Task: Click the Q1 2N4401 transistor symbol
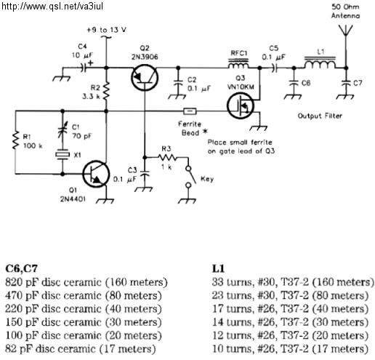[96, 174]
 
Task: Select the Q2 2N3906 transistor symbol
[145, 78]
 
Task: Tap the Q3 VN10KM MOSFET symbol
[241, 105]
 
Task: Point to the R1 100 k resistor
[15, 140]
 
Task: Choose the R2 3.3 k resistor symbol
[106, 91]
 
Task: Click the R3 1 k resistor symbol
[167, 158]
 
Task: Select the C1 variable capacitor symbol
[62, 130]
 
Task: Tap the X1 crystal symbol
[62, 155]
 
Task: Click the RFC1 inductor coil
[238, 63]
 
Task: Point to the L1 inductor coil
[320, 63]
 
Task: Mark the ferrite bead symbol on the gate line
[190, 111]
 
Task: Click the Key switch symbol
[190, 177]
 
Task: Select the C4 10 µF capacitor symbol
[84, 68]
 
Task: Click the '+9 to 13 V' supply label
[106, 30]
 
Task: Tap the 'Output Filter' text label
[320, 116]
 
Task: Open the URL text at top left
[52, 7]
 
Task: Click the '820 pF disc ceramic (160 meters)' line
[86, 282]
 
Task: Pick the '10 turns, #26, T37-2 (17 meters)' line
[290, 349]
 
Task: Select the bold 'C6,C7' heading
[22, 268]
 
